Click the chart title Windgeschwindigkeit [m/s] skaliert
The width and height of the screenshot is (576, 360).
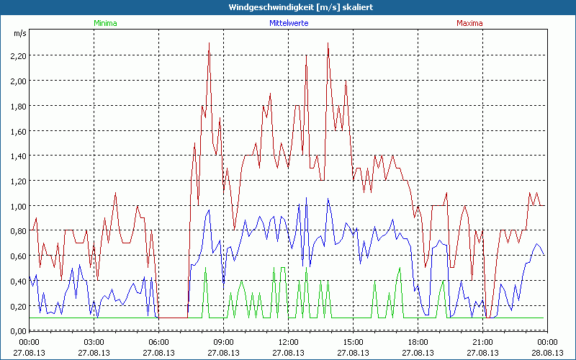[x=288, y=7]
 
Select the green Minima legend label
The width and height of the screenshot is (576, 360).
[x=105, y=23]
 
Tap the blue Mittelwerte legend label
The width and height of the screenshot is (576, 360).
[x=289, y=23]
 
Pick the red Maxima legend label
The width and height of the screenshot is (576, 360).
[x=469, y=23]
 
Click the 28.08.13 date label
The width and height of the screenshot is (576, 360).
[x=547, y=353]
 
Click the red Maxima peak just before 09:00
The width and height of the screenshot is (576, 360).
[x=209, y=43]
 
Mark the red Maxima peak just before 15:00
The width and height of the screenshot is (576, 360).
[x=328, y=43]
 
